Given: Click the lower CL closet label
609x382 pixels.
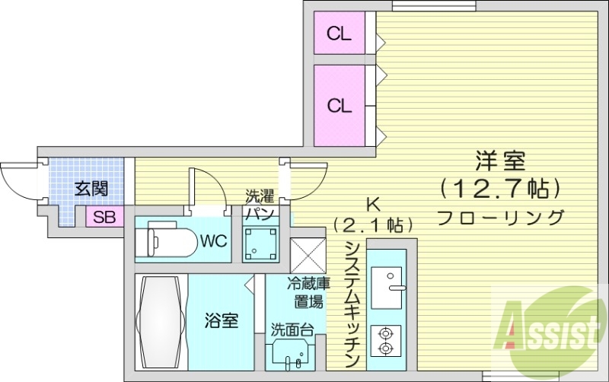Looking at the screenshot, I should [x=340, y=106].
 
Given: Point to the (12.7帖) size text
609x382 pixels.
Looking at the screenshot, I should [x=500, y=186].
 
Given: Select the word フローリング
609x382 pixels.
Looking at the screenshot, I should [x=500, y=216].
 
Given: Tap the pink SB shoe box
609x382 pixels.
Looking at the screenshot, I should [x=104, y=217].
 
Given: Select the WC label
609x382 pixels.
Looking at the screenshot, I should [x=214, y=242].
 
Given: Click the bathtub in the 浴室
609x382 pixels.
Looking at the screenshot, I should [x=161, y=320].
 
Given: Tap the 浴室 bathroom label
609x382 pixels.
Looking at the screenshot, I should [x=222, y=320].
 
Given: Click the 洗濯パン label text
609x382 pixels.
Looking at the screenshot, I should [x=259, y=204].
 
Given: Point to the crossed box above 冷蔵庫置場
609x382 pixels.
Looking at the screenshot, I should [x=308, y=253].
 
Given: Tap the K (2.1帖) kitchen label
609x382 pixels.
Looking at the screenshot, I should [x=373, y=215].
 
